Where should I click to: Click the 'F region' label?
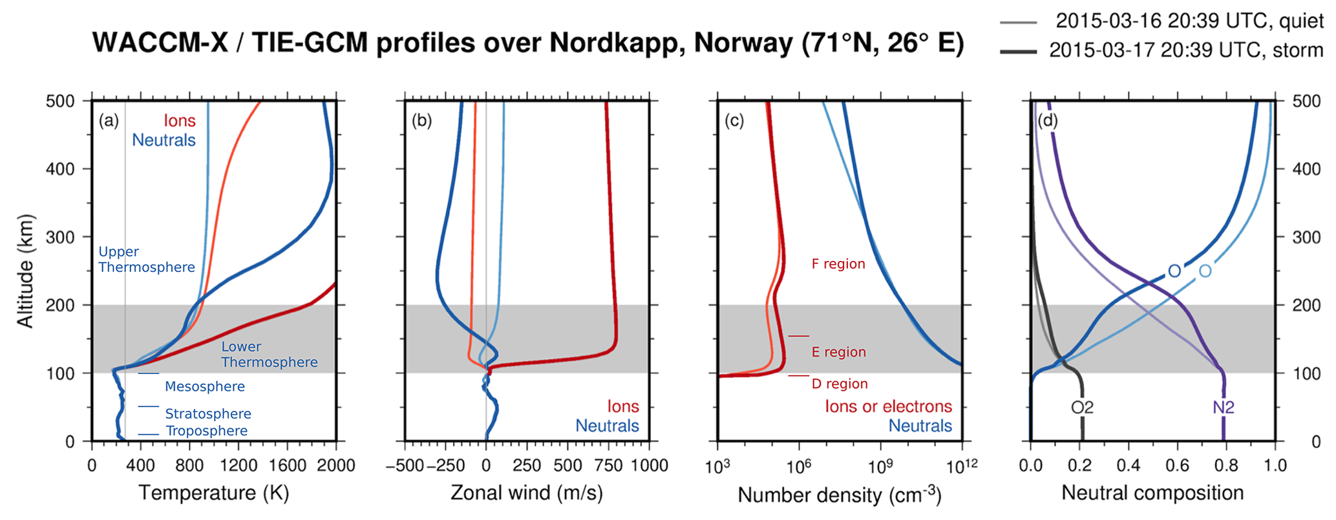coord(838,264)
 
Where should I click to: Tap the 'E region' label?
coord(838,352)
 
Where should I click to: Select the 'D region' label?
coord(840,384)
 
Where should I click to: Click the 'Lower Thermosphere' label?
coord(269,355)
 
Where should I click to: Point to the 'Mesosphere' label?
coord(204,386)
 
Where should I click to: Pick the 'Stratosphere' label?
coord(207,413)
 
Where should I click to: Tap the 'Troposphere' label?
coord(206,431)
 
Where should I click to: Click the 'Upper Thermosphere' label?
coord(146,260)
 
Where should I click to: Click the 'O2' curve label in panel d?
coord(1082,407)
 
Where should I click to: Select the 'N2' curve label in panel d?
coord(1223,407)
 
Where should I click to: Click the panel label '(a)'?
coord(109,120)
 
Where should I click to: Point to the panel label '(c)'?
coord(734,120)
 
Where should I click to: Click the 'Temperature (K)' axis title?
coord(214,493)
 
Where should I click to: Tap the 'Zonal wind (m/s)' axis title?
coord(526,493)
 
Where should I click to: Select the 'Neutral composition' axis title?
coord(1152,493)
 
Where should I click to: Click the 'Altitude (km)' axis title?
coord(25,271)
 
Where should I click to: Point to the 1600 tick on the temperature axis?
coord(287,466)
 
